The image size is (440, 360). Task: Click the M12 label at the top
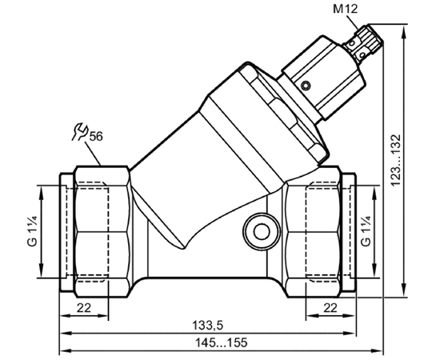pyautogui.click(x=345, y=9)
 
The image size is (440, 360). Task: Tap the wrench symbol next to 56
pyautogui.click(x=79, y=131)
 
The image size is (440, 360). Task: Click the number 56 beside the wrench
pyautogui.click(x=96, y=137)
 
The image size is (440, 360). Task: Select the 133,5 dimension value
pyautogui.click(x=207, y=326)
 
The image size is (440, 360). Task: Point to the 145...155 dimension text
pyautogui.click(x=222, y=342)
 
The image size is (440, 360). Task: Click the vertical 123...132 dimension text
pyautogui.click(x=396, y=160)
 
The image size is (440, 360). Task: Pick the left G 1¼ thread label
pyautogui.click(x=32, y=231)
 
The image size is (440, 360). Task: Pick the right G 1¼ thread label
pyautogui.click(x=366, y=231)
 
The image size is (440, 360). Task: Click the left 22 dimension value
pyautogui.click(x=84, y=308)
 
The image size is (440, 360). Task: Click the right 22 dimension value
pyautogui.click(x=330, y=308)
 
